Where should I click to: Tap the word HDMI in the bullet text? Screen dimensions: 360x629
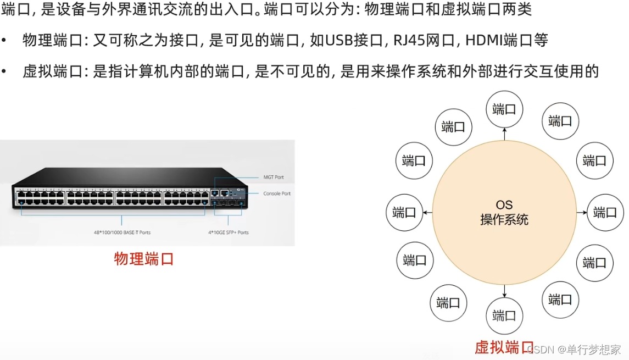482,40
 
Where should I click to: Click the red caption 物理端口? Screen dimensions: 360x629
144,259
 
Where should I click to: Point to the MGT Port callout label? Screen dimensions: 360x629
273,177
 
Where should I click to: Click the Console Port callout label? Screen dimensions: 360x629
277,193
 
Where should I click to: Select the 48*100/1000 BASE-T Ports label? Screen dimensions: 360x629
122,232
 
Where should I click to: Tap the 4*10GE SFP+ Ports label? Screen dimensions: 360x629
228,232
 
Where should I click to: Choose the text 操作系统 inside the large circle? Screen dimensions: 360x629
504,220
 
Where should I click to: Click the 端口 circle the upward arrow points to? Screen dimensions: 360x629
504,109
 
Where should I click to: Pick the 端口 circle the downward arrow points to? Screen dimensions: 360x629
504,315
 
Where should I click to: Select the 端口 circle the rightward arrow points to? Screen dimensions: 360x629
605,212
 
